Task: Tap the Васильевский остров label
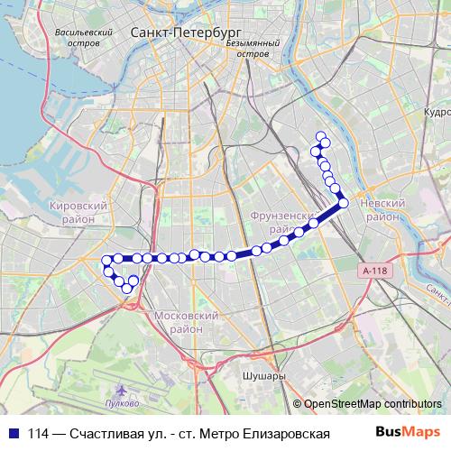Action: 82,36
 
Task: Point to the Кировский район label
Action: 78,212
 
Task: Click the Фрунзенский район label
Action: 281,221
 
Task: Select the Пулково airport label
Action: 122,402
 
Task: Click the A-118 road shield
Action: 373,271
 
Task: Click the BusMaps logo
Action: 407,432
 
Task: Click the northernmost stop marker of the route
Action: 320,137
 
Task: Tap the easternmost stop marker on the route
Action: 343,203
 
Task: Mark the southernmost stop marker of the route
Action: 127,289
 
